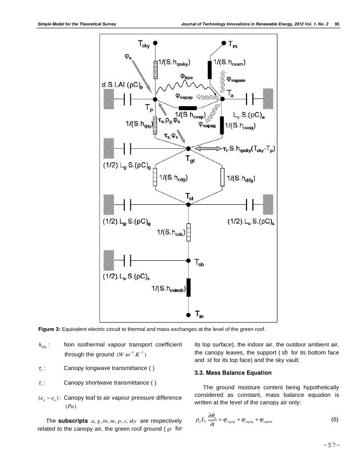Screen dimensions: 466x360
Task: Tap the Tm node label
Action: click(233, 45)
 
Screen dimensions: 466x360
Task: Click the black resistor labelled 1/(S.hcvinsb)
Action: click(188, 287)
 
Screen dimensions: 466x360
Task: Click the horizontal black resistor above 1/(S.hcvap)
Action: click(188, 108)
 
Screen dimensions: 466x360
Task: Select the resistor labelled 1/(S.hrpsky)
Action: click(155, 69)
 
